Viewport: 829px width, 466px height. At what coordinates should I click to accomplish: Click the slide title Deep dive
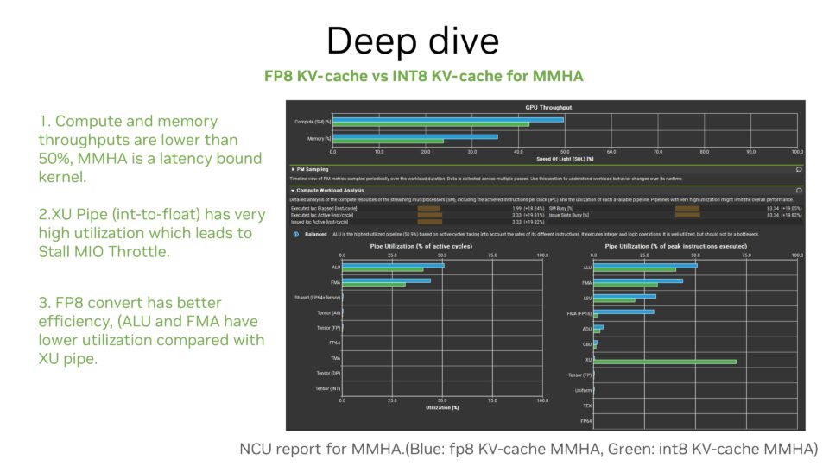tap(414, 40)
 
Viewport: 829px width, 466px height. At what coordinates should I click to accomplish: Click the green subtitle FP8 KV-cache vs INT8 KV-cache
tap(423, 76)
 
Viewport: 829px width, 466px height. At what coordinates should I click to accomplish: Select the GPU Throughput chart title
tap(548, 107)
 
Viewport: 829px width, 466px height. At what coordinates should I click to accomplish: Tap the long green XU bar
tap(665, 361)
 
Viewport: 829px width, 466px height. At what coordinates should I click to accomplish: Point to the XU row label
tap(588, 359)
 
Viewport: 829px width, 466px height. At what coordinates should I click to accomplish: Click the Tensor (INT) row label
tap(328, 388)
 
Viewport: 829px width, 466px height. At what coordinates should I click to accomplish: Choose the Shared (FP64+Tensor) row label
tap(318, 297)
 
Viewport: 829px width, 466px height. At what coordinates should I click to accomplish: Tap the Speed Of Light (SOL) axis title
tap(566, 159)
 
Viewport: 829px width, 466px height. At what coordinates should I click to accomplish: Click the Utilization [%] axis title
tap(442, 407)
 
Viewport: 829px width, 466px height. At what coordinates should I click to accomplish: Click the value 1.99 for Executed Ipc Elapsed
tap(516, 208)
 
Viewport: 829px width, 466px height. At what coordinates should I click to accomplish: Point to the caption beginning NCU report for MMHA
tap(528, 449)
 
